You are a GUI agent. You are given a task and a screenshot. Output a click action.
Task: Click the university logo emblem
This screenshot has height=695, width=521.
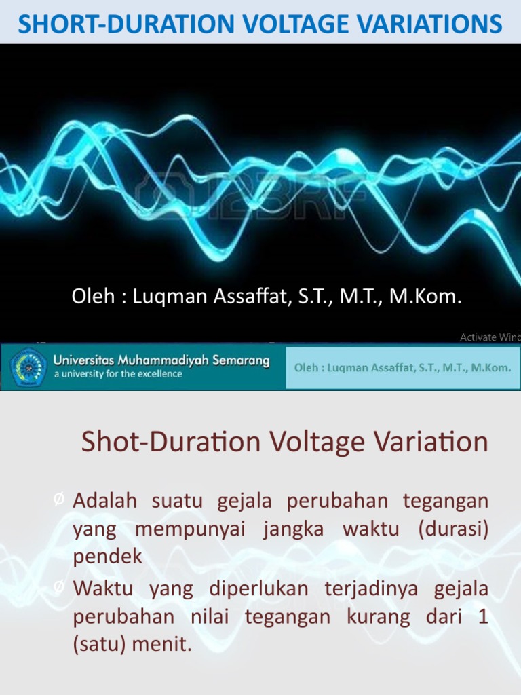pos(27,367)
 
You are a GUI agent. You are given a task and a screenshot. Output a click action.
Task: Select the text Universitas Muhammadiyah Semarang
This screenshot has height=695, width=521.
pos(161,361)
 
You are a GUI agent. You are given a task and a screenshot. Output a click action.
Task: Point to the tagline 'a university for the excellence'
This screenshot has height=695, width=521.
pos(118,374)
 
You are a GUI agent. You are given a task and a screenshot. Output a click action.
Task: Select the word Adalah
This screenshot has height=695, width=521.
pos(105,501)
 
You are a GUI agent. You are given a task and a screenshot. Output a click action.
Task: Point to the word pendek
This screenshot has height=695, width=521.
pos(108,557)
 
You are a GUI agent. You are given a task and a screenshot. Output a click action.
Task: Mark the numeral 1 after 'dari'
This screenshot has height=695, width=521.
pos(483,616)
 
